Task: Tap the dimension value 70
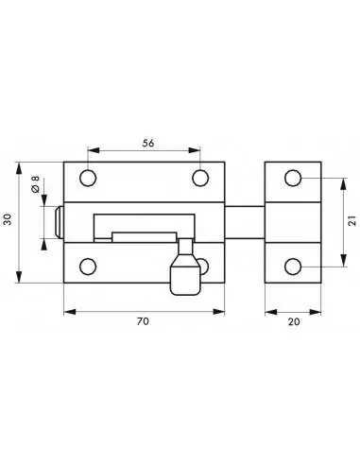[144, 321]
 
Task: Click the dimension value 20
[293, 321]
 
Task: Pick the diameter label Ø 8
[35, 186]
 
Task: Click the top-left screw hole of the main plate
[88, 177]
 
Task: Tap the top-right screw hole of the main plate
[200, 177]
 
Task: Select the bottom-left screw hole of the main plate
[88, 265]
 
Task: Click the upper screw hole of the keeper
[293, 177]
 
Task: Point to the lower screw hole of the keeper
[293, 265]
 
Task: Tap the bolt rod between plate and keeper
[245, 221]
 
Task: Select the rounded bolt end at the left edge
[60, 222]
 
